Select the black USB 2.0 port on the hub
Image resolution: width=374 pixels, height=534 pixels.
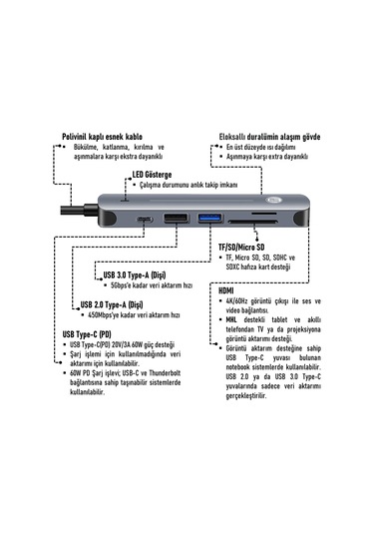coord(177,220)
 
